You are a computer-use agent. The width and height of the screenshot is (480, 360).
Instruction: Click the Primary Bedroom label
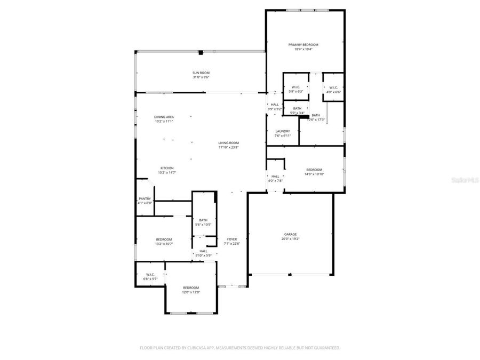303,45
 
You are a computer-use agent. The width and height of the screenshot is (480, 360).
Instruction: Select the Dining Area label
164,117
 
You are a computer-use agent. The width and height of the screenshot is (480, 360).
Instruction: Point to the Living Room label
228,143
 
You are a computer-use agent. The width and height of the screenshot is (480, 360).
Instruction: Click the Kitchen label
166,168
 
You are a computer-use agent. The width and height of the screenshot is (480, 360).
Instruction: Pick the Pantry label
145,198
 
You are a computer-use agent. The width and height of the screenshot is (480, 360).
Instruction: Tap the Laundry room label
283,131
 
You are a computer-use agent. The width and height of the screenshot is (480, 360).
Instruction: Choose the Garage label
290,234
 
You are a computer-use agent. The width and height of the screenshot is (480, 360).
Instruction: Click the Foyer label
232,239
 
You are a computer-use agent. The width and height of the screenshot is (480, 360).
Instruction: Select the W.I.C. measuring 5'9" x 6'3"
295,87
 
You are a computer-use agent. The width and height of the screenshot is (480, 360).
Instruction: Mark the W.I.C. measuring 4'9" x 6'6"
333,87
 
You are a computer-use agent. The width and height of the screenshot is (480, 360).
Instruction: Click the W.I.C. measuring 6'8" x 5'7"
150,275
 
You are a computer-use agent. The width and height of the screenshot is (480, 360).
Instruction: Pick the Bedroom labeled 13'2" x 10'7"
164,239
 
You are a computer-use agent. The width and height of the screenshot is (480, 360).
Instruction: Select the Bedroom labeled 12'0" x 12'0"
191,287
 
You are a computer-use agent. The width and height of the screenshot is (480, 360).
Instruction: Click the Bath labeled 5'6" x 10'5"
203,220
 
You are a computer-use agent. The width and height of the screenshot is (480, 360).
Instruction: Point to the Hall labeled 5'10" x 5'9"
203,251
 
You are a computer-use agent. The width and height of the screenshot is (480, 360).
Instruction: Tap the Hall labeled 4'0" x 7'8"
275,177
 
